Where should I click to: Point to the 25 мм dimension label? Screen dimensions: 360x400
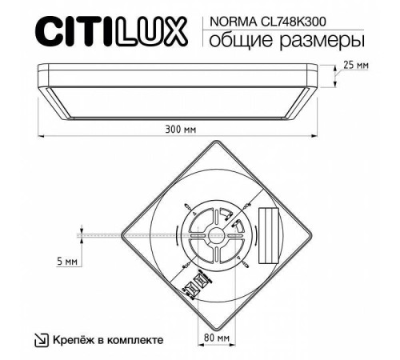point(356,63)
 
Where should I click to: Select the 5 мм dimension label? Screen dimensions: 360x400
point(67,262)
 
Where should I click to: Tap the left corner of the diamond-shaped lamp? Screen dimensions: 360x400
point(118,234)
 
